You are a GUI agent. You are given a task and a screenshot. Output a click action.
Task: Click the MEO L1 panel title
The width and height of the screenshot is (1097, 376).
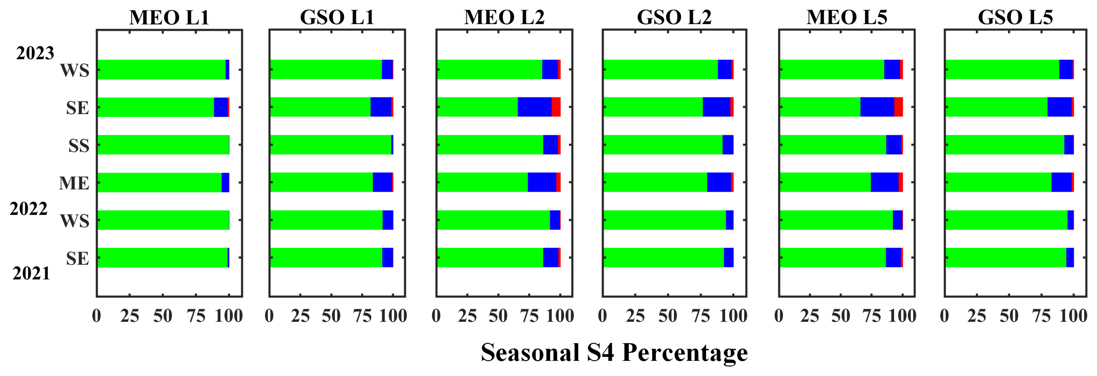coord(169,17)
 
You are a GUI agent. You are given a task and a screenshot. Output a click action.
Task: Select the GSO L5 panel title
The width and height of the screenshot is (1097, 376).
coord(1015,17)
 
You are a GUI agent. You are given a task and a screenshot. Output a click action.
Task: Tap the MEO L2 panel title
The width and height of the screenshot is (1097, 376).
coord(504,17)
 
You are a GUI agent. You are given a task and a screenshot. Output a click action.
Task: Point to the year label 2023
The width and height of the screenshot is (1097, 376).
coord(35,53)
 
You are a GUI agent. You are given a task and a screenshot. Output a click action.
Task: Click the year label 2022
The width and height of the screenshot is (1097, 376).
coord(29,209)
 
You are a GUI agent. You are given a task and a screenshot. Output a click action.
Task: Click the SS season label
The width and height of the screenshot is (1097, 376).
coord(79,146)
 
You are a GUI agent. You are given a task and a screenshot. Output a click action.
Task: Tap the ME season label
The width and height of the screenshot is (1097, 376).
coord(74,183)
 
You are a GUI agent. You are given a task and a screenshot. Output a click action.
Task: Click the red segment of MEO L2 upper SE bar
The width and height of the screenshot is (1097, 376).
coord(556,107)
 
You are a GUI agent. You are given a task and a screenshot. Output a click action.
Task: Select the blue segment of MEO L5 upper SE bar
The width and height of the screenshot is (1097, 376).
coord(877,107)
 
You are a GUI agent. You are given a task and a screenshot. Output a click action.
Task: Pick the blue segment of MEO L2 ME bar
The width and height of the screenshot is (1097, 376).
coord(542,182)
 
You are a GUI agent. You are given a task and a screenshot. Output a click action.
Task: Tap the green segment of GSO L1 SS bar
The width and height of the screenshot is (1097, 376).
coord(330,145)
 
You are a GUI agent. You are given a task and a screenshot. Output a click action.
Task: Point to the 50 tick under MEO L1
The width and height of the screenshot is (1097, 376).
coord(163,316)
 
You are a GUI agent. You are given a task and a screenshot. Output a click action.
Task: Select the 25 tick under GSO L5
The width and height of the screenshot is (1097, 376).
coord(976,316)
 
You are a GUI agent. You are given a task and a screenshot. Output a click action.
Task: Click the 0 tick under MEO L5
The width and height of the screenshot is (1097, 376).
coord(779,316)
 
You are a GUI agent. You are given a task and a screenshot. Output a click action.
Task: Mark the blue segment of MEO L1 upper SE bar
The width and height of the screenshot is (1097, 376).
coord(221,107)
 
